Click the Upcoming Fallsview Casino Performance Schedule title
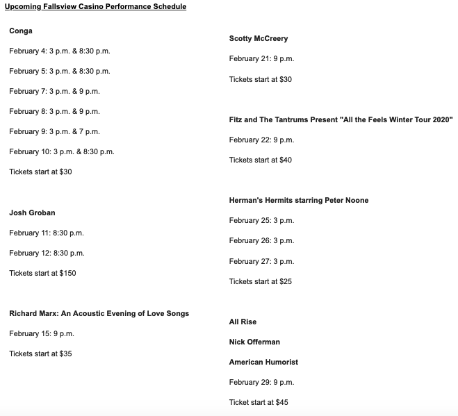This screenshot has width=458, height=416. pos(95,7)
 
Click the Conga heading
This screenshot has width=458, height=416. pos(21,31)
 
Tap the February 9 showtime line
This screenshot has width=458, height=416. pos(54,131)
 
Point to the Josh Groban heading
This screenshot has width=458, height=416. pos(32,213)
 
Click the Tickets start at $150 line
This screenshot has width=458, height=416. pos(42,273)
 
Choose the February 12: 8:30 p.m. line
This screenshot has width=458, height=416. pos(47,253)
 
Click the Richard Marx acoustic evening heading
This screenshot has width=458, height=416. pos(99,313)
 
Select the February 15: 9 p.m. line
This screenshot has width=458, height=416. pos(42,333)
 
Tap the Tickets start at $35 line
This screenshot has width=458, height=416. pos(40,353)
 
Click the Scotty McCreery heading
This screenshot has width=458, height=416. pos(259,39)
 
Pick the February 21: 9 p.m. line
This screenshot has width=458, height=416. pos(261,59)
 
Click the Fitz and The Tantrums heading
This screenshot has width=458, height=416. pos(341,119)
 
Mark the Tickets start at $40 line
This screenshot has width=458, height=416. pos(261,160)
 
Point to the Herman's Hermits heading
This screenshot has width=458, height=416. pos(299,200)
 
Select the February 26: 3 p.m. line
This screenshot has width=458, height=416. pos(261,240)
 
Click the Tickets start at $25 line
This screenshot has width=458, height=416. pos(261,281)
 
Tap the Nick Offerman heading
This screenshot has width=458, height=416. pos(254,342)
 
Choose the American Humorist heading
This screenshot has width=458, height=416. pos(263,362)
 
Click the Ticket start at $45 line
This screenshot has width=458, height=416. pos(259,402)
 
